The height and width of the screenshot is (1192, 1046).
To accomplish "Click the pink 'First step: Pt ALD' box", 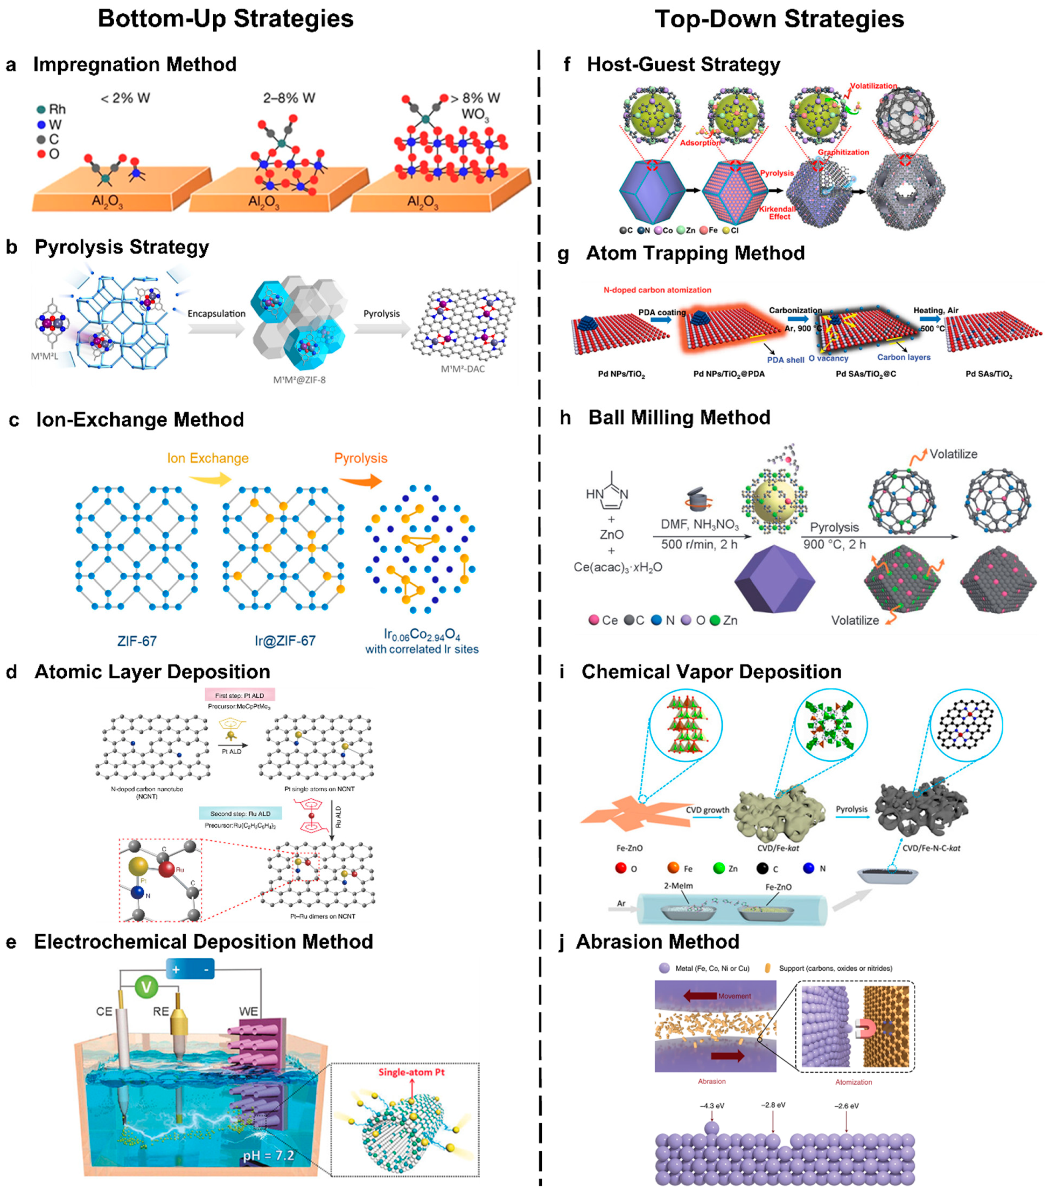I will coord(239,695).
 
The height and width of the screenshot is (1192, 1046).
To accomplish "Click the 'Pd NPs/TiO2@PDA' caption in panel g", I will coord(729,374).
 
